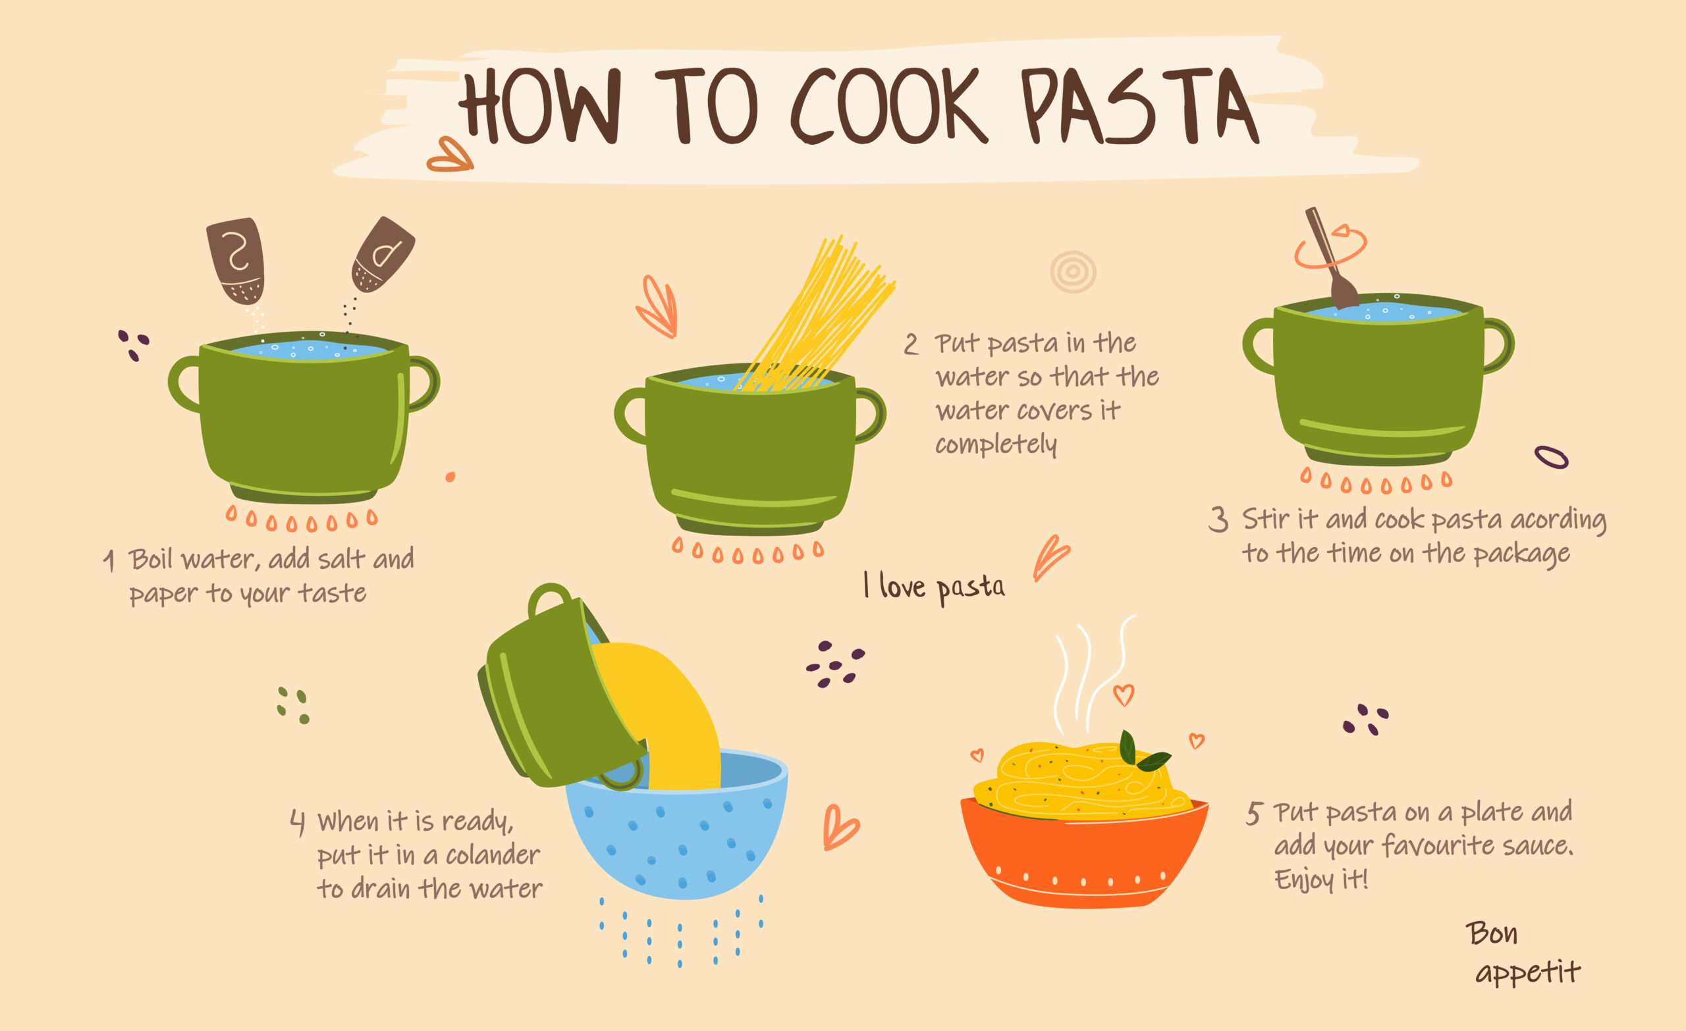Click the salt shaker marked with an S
coord(236,260)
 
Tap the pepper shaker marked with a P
coord(383,255)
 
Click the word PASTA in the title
coord(1139,106)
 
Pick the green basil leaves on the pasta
coord(1141,751)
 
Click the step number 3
coord(1218,519)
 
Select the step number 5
coord(1253,814)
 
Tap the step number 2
coord(911,344)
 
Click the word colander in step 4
coord(493,855)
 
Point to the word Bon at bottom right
coord(1492,933)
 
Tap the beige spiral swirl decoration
coord(1073,272)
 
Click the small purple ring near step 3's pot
coord(1551,457)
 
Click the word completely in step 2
coord(996,445)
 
